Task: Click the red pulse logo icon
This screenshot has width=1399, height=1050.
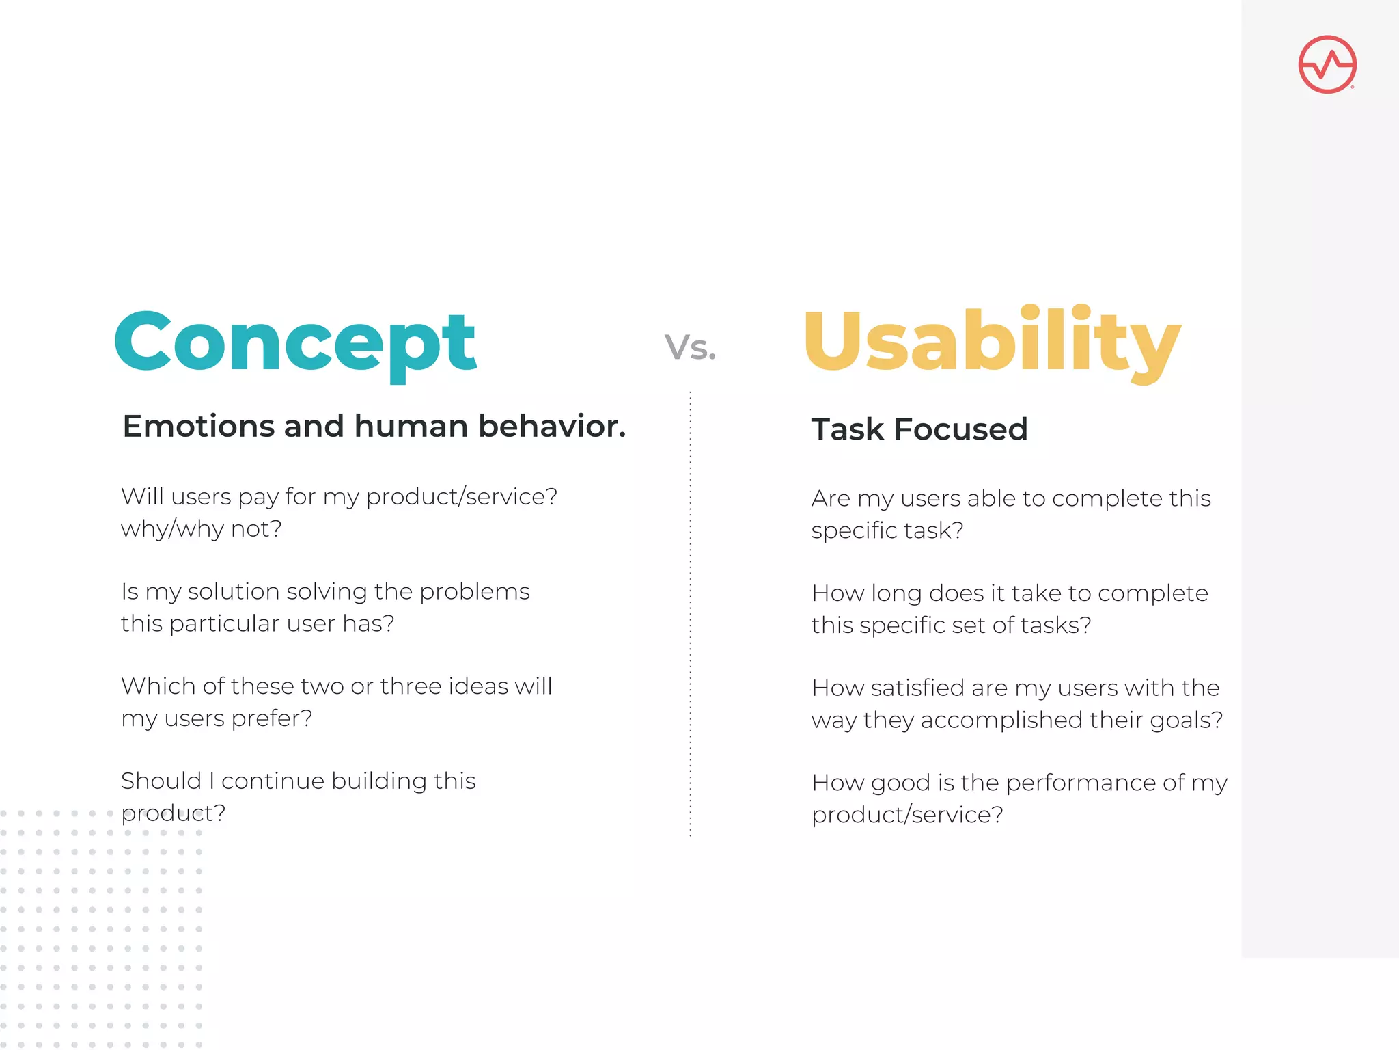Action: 1327,64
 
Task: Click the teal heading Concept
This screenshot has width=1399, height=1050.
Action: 295,343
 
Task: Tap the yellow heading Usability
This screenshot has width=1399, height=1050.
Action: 992,342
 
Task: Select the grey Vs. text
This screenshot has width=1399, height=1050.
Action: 690,347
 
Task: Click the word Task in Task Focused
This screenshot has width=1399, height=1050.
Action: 847,430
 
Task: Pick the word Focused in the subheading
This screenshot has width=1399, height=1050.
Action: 960,430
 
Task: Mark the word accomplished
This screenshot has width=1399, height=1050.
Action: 1001,721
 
